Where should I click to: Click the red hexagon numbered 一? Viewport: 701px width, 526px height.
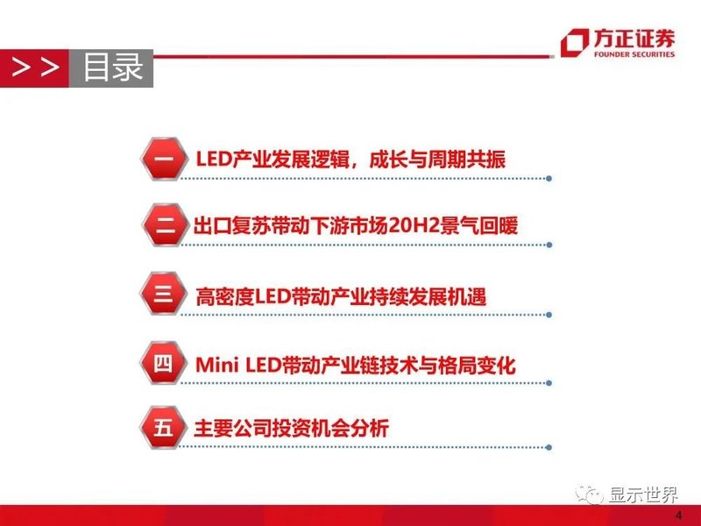163,160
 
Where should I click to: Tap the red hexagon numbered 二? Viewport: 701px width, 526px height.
163,227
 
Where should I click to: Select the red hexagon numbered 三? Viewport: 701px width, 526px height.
163,295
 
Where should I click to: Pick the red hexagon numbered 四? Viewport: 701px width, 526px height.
163,362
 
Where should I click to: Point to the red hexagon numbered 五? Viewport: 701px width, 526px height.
163,429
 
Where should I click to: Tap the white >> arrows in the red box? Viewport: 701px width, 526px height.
35,68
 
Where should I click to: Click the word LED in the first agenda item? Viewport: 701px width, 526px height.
212,160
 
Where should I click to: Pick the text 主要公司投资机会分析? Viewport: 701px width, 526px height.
291,429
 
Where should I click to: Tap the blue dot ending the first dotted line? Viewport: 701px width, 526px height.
549,179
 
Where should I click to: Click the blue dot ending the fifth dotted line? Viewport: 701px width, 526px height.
549,450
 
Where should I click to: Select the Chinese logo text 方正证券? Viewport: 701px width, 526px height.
634,38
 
